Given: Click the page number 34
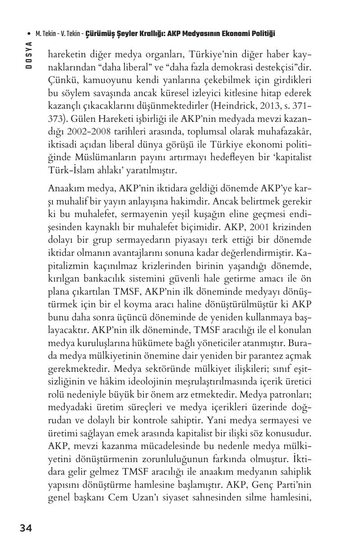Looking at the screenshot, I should point(26,528).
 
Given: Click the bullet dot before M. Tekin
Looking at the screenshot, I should point(29,34).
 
